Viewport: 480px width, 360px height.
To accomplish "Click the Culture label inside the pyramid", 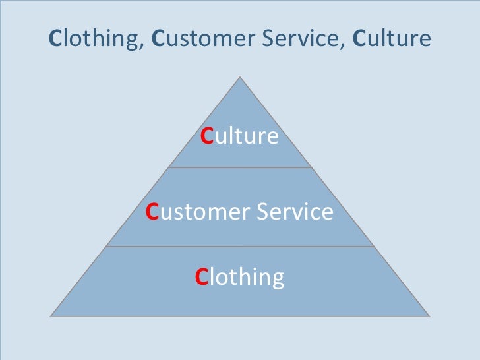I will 240,136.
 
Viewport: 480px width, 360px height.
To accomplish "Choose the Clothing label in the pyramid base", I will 240,277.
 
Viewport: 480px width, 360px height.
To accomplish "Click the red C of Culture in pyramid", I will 206,136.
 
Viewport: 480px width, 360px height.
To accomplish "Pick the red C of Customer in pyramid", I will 152,212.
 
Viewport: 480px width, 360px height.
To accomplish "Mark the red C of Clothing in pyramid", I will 201,277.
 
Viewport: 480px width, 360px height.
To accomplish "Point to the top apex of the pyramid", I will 240,77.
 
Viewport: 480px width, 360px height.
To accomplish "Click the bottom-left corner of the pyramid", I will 51,315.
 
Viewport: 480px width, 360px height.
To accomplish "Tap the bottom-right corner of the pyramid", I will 429,315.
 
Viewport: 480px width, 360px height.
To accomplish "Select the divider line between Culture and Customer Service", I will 240,167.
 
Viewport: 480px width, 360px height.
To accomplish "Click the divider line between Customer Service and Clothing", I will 240,247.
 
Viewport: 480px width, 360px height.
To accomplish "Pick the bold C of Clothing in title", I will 55,39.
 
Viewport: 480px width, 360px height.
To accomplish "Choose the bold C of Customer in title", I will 158,39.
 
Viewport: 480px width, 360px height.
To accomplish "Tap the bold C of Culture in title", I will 359,39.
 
